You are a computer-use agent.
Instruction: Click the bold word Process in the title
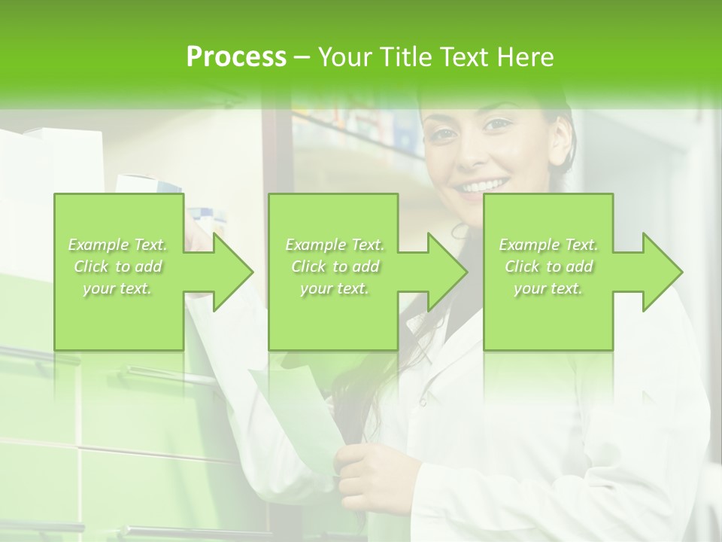236,57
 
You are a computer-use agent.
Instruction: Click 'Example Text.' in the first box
118,245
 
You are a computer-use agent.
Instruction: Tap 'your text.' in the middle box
334,288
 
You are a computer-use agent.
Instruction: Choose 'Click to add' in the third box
548,266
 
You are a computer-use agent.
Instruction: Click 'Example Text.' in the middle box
334,245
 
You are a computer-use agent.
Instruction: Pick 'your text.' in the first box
118,288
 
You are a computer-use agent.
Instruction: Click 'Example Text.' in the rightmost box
548,245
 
